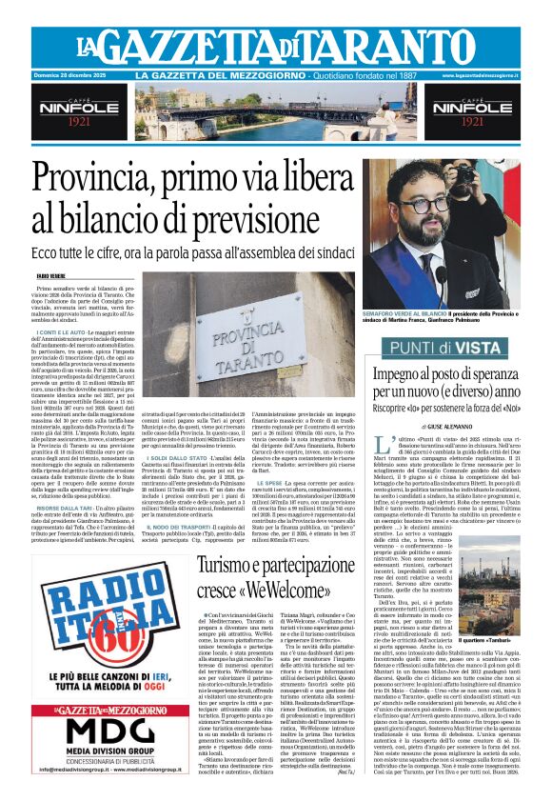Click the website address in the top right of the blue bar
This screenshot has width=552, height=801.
coord(479,75)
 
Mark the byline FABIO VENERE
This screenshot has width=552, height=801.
coord(50,274)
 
